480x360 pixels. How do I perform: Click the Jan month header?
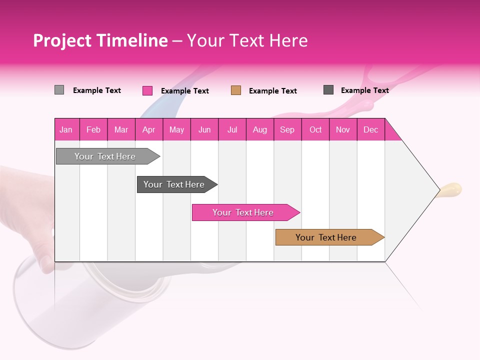[x=66, y=129]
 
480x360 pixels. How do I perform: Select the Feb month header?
[x=93, y=129]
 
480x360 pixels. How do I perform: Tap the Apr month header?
[x=148, y=129]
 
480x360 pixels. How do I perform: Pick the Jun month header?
[x=204, y=129]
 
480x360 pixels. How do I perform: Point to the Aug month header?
[x=259, y=129]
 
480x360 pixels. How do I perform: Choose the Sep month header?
[x=287, y=129]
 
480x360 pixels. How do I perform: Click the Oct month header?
[x=315, y=129]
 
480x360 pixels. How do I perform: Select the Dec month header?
[x=370, y=129]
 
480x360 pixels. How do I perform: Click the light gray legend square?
[x=59, y=90]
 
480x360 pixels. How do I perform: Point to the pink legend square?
[x=147, y=90]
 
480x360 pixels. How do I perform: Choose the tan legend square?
[x=236, y=90]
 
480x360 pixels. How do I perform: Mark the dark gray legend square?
[x=328, y=90]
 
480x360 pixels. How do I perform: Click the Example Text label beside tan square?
[x=272, y=91]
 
